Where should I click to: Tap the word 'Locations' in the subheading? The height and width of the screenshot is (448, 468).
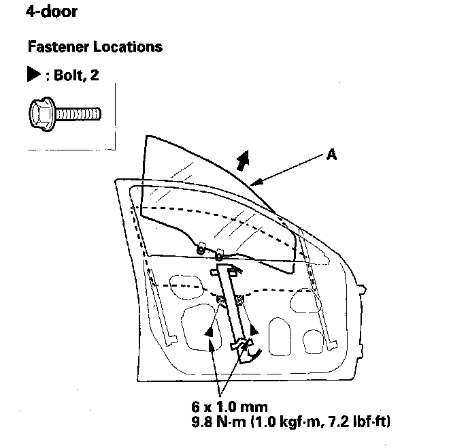pos(129,47)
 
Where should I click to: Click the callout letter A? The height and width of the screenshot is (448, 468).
pos(332,155)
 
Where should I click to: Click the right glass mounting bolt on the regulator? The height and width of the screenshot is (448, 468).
pos(239,299)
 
